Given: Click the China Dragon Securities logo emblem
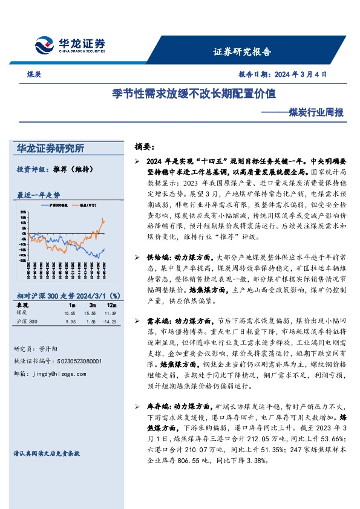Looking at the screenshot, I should coord(43,46).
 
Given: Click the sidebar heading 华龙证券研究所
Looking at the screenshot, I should coord(51,148).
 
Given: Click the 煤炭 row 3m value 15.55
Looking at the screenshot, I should coord(91,313).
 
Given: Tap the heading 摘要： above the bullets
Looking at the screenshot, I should coord(145,147).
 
